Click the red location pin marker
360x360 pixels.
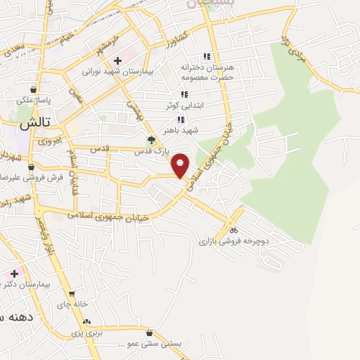[x=181, y=165]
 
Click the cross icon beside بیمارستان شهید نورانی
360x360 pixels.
[x=117, y=60]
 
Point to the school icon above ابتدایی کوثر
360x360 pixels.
[x=184, y=94]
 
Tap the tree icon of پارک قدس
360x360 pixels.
[x=150, y=140]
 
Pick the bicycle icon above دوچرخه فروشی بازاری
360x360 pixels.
[x=234, y=229]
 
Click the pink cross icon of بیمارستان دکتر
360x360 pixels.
[x=13, y=273]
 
